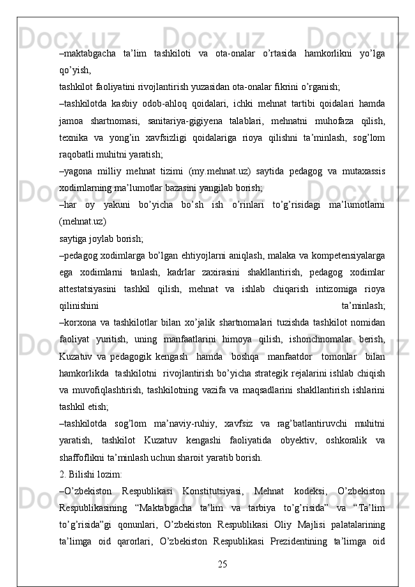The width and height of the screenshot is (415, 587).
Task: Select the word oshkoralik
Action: (331, 441)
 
